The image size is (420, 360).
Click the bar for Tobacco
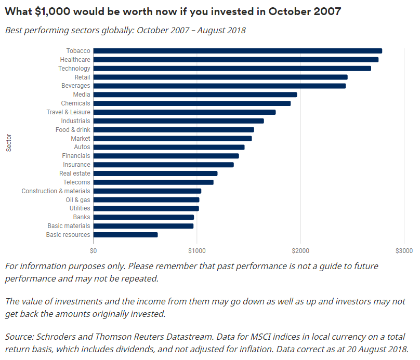coord(238,51)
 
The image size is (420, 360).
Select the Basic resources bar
coord(125,235)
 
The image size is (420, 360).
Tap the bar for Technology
coord(232,69)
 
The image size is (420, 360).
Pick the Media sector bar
coord(195,95)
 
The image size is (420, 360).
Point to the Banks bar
coord(143,217)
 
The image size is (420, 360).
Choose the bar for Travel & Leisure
coord(185,112)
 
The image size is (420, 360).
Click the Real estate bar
coord(155,174)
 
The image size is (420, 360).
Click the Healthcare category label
coord(75,60)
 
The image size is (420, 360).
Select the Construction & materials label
coord(56,191)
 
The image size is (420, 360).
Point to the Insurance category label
coord(76,165)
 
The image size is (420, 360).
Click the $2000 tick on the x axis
coord(300,251)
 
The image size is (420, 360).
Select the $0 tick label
coord(94,251)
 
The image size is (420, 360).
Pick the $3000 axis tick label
coord(404,251)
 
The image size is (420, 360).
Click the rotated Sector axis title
coord(9,143)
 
